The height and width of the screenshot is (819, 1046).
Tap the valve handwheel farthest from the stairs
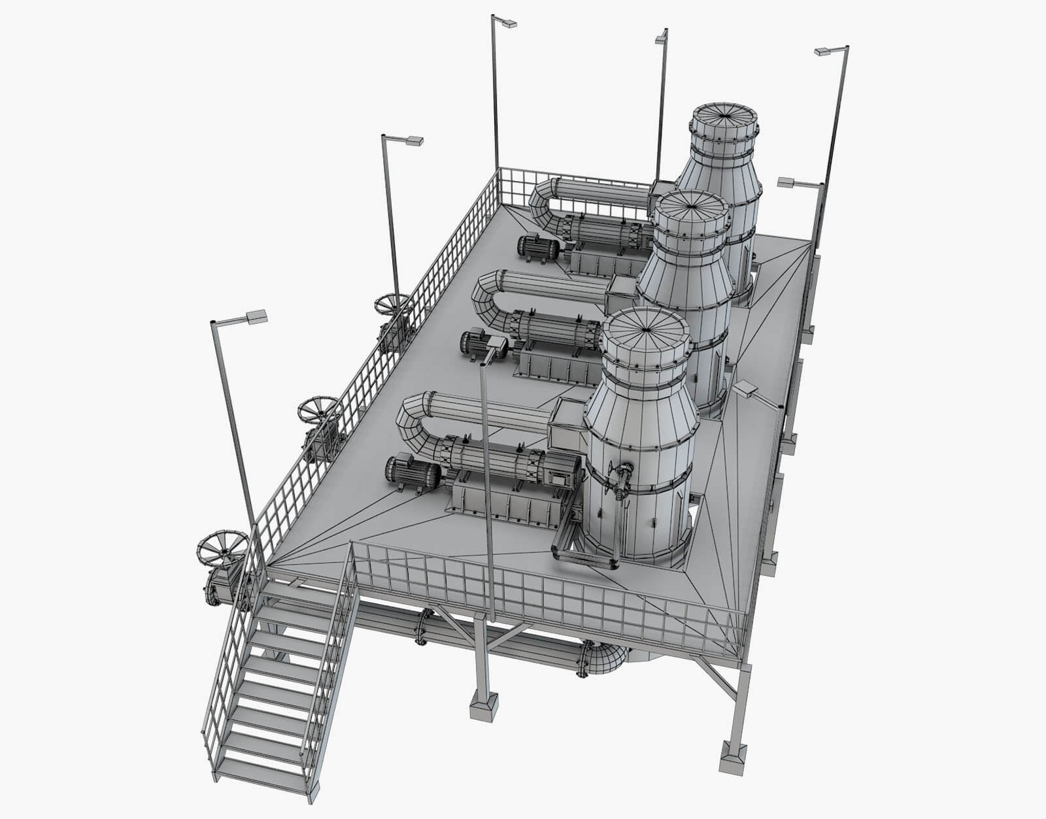click(392, 304)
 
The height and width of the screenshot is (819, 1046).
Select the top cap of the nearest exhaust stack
click(645, 331)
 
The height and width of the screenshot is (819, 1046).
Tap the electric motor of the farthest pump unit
click(538, 248)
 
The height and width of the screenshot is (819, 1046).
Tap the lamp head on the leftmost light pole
click(256, 316)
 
